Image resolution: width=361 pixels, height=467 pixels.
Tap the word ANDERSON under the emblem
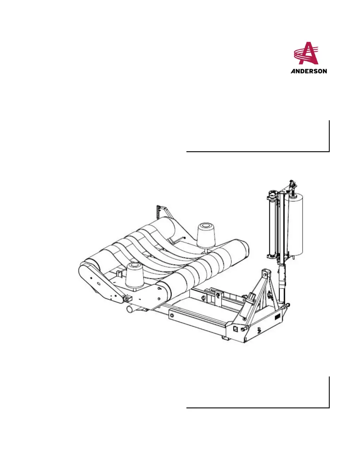(309, 71)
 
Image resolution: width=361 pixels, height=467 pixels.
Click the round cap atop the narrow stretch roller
(272, 193)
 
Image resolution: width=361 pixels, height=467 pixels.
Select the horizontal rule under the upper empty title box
(257, 152)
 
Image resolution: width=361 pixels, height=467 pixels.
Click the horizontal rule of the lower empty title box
(257, 408)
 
